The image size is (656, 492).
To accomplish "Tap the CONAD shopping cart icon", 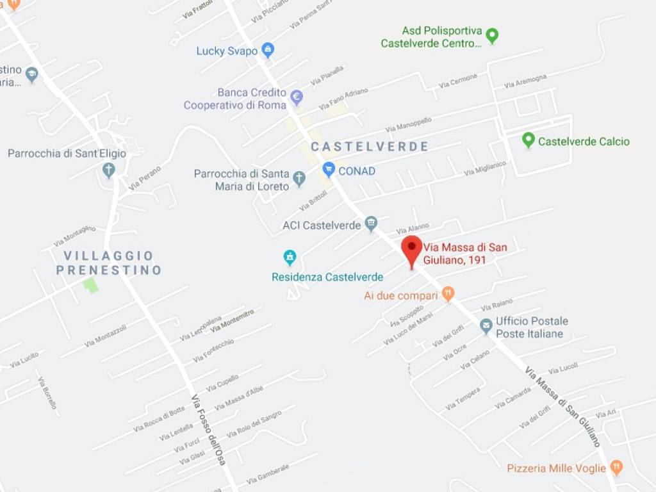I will pyautogui.click(x=329, y=170).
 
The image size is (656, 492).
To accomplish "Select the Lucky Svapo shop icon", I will pyautogui.click(x=268, y=50).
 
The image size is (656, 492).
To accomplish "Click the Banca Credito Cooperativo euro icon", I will pyautogui.click(x=296, y=97).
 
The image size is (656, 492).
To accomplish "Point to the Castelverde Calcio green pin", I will pyautogui.click(x=528, y=140).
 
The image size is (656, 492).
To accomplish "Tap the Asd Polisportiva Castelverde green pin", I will pyautogui.click(x=492, y=35).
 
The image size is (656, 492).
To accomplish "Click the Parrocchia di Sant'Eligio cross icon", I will pyautogui.click(x=109, y=170).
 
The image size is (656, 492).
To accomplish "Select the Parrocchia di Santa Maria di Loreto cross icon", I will pyautogui.click(x=299, y=179).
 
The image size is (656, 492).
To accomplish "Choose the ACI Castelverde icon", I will pyautogui.click(x=371, y=224).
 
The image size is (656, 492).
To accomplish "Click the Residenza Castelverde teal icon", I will pyautogui.click(x=290, y=258).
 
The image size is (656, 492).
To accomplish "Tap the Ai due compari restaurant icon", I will pyautogui.click(x=448, y=295).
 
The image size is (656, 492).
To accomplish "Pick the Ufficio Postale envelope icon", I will pyautogui.click(x=486, y=326).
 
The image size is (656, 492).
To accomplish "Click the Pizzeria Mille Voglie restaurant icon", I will pyautogui.click(x=616, y=467).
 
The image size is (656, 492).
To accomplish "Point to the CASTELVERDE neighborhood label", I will pyautogui.click(x=370, y=147).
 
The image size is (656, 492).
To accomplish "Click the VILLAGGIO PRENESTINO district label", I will pyautogui.click(x=108, y=263).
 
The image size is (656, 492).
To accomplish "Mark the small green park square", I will pyautogui.click(x=91, y=285).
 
